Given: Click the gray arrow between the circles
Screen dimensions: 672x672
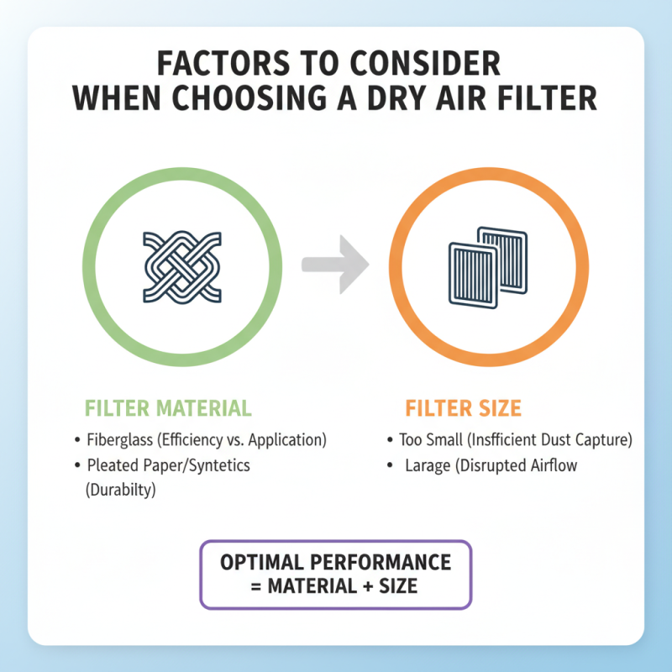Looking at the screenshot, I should coord(336,261).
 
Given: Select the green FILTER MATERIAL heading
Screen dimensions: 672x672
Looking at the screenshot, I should coord(168,409).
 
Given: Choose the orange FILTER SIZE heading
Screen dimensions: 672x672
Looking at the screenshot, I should coord(463,409).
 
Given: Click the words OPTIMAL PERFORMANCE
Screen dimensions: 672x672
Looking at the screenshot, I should coord(335,562).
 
